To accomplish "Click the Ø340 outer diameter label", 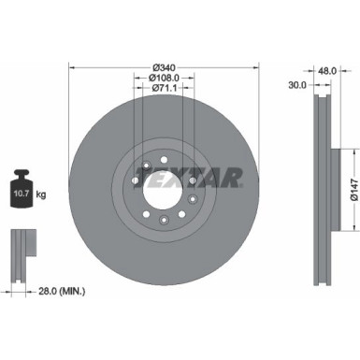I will pyautogui.click(x=163, y=67).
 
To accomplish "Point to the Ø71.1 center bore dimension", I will pyautogui.click(x=163, y=89).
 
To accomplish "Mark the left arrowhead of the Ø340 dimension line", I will pyautogui.click(x=73, y=67).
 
